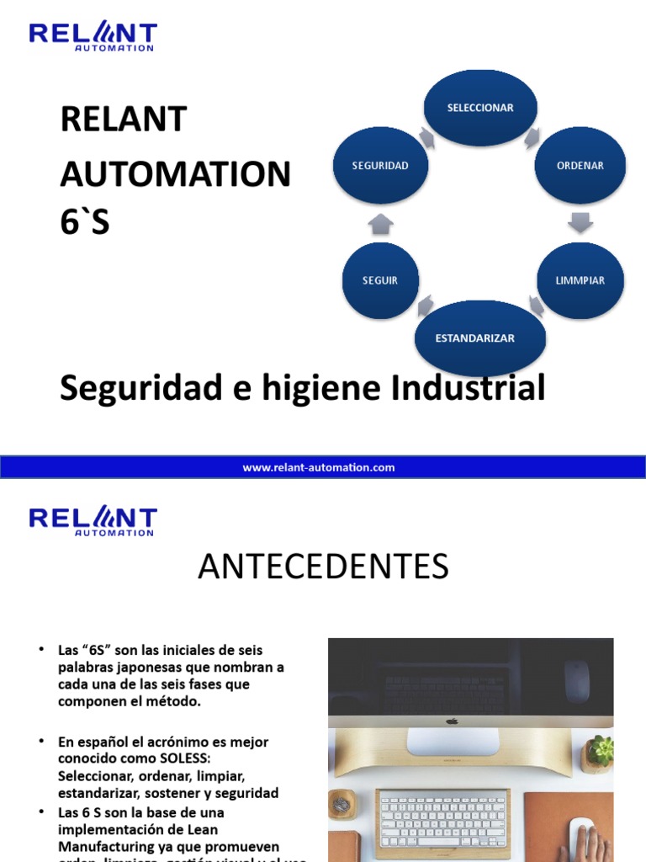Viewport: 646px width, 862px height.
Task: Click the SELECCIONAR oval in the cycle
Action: coord(479,108)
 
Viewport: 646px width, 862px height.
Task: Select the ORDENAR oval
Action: coord(580,166)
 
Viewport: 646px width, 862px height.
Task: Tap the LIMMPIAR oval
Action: coord(580,280)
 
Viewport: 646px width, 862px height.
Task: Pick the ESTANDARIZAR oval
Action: coord(479,338)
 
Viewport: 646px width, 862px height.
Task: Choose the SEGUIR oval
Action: coord(380,280)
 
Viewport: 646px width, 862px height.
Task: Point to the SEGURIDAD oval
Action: coord(380,166)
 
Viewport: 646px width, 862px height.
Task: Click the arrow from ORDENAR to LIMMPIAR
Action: coord(580,222)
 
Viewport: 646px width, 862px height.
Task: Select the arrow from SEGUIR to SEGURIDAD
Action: coord(380,224)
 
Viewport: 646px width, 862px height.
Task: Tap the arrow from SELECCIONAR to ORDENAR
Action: coord(532,137)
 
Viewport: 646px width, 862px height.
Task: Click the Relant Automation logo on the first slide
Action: coord(93,36)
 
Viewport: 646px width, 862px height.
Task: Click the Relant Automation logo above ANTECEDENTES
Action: coord(93,520)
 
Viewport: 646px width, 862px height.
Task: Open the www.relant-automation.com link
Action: coord(319,467)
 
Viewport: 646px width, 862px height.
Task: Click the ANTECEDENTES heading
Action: coord(323,567)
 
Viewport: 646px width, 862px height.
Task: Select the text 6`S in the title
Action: coord(85,222)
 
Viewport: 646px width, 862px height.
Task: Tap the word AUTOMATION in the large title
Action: coord(175,174)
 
